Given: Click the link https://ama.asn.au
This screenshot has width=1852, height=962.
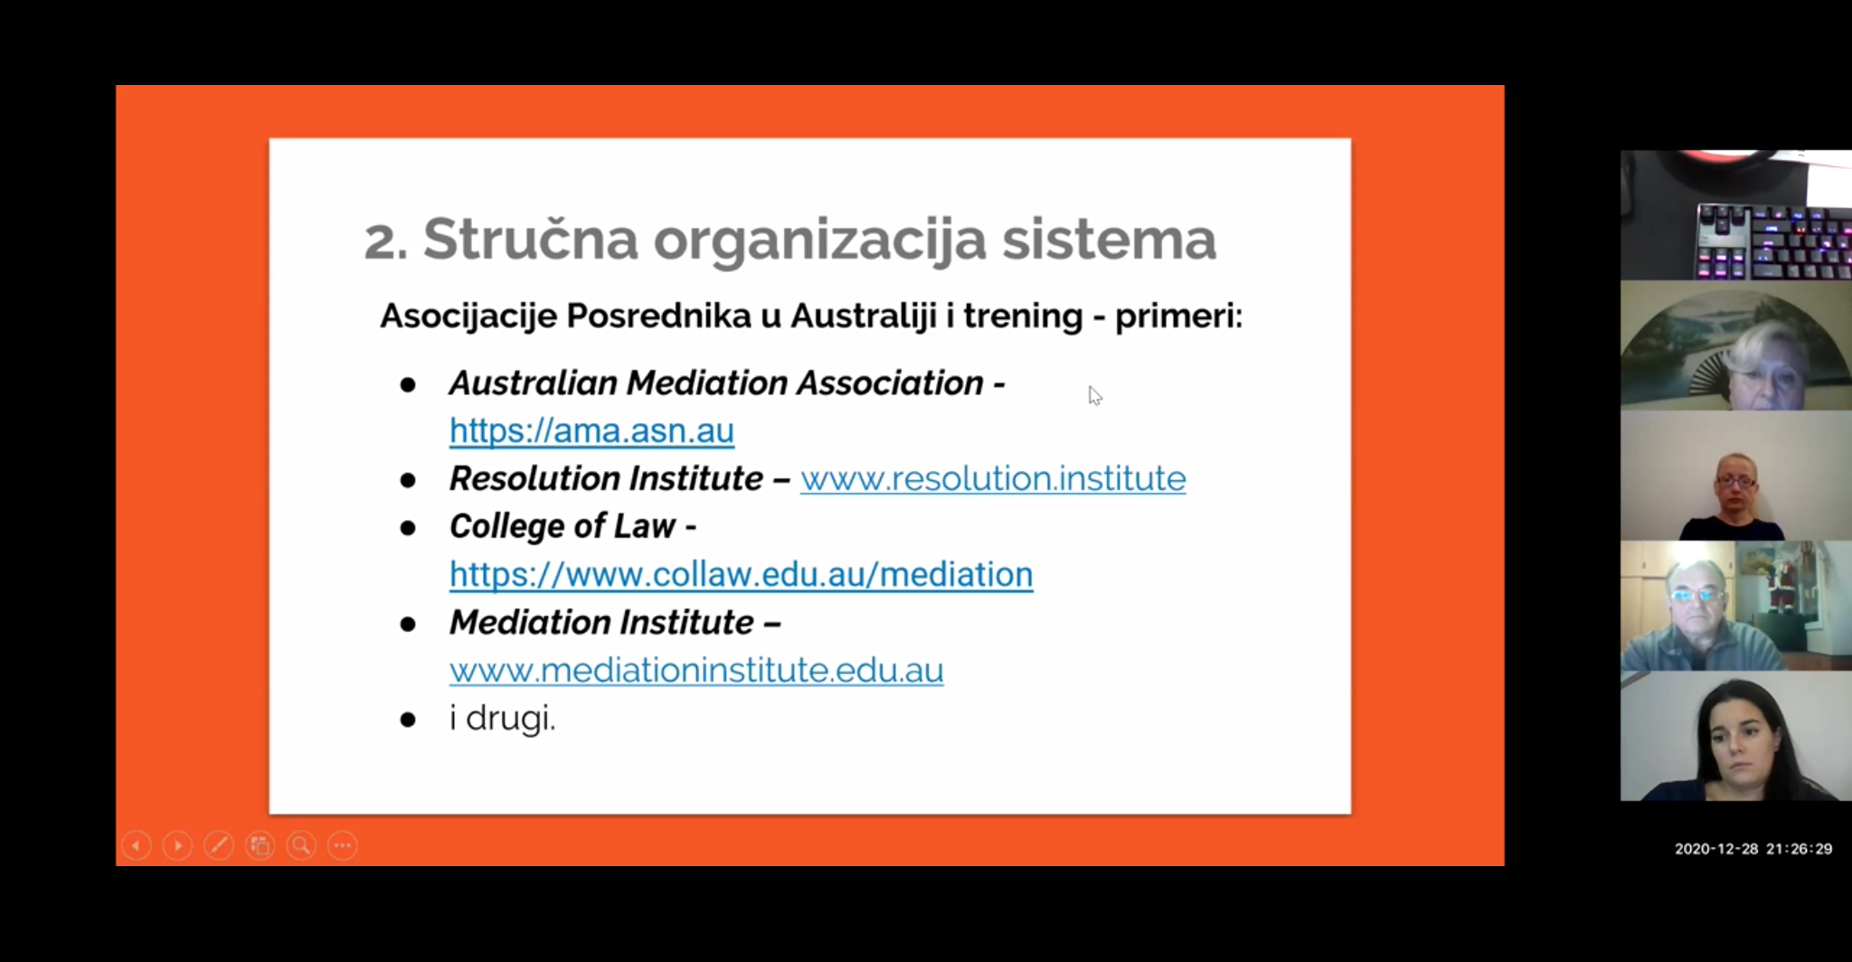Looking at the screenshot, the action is coord(591,431).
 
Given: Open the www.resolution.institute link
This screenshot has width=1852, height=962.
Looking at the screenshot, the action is coord(993,478).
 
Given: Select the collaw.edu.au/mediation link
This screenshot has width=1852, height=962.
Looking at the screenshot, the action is coord(741,575).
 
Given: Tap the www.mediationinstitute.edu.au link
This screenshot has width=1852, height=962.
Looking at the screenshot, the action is coord(696,670).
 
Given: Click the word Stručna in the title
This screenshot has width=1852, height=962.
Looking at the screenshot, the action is coord(531,239).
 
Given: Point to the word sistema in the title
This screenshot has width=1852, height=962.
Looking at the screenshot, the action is coord(1109,239).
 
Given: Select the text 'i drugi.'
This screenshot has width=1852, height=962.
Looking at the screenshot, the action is coord(503,719).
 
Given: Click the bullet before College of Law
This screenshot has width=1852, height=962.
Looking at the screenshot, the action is coord(408,528).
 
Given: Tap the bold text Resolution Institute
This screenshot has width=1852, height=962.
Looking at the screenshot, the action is coord(606,478).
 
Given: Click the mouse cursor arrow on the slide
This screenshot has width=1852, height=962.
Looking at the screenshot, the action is coord(1094,396).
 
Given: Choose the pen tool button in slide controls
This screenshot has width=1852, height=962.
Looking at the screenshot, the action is coord(219,845).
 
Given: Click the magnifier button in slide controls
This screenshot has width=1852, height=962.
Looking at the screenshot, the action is coord(301,845).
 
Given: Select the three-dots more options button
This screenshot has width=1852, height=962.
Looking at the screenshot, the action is coord(343,845).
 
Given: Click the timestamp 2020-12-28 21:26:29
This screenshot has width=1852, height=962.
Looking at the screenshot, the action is coord(1753,849).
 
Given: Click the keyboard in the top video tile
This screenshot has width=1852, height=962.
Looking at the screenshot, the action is coord(1773,241).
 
